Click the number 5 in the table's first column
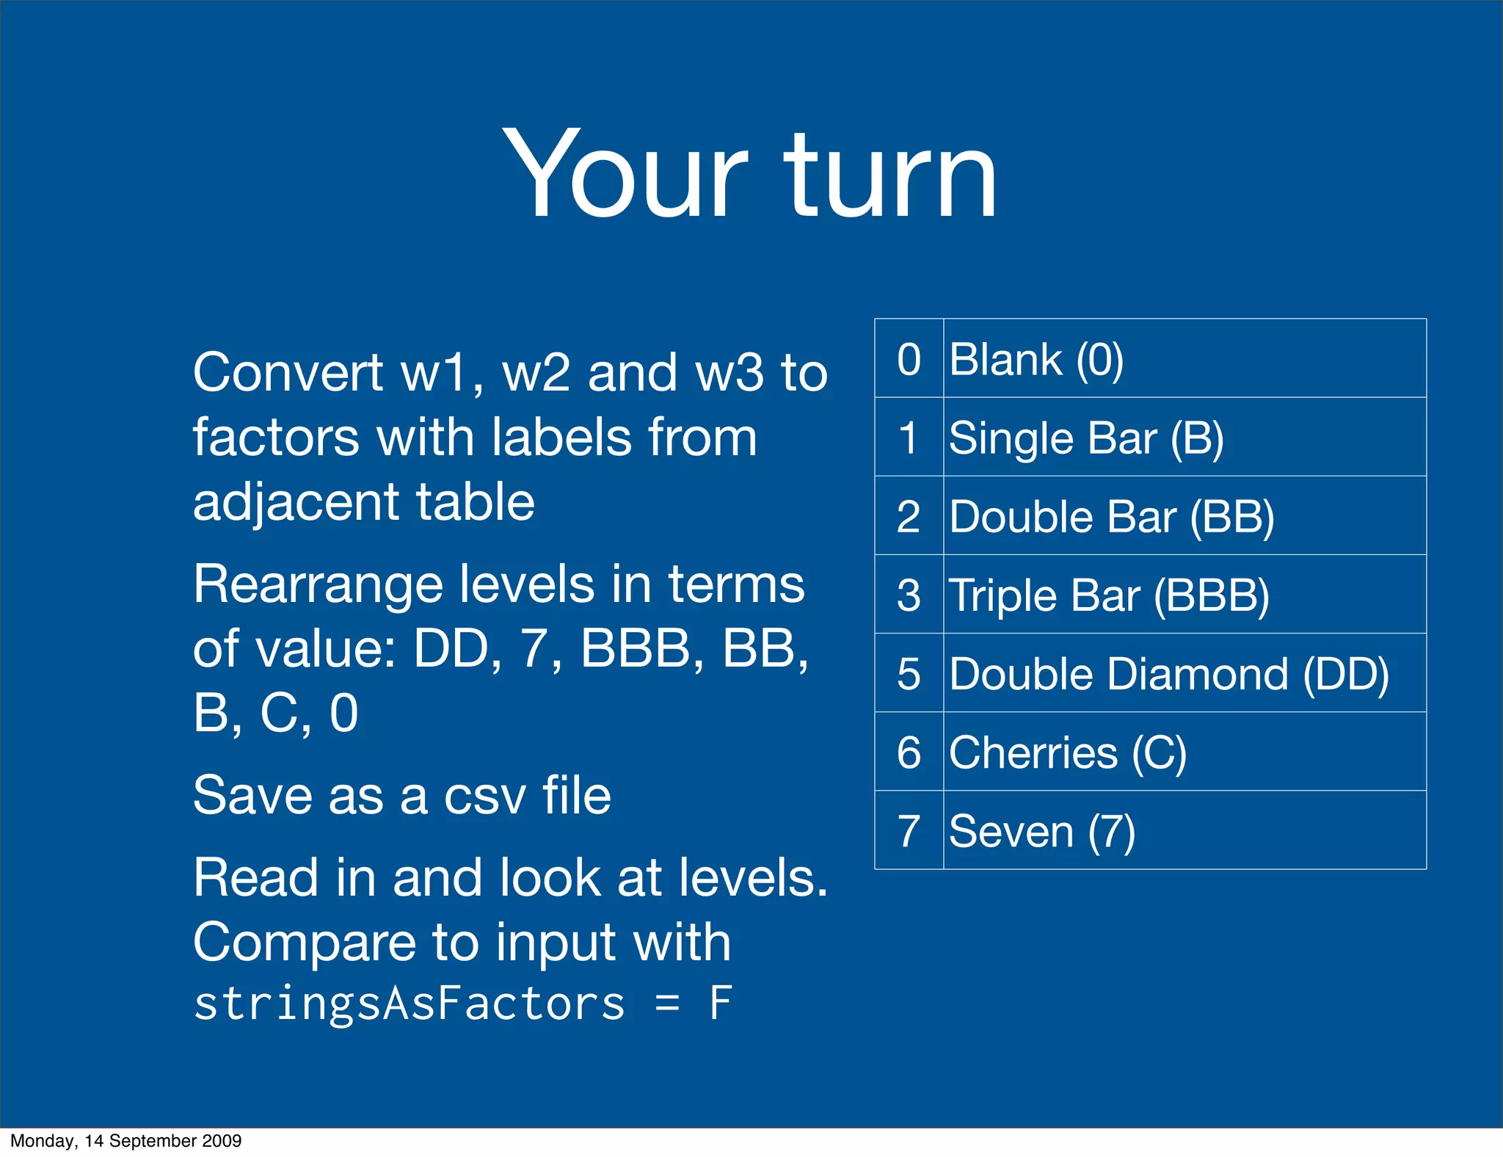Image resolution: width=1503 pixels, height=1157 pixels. click(x=909, y=674)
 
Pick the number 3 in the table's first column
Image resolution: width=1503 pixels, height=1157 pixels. click(x=909, y=595)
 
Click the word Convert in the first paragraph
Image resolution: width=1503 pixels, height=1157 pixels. click(x=288, y=373)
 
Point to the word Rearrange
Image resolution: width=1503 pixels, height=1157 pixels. click(x=317, y=585)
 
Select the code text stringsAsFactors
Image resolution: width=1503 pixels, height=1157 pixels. click(x=409, y=1004)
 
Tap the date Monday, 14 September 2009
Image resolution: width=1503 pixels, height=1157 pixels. click(x=125, y=1141)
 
